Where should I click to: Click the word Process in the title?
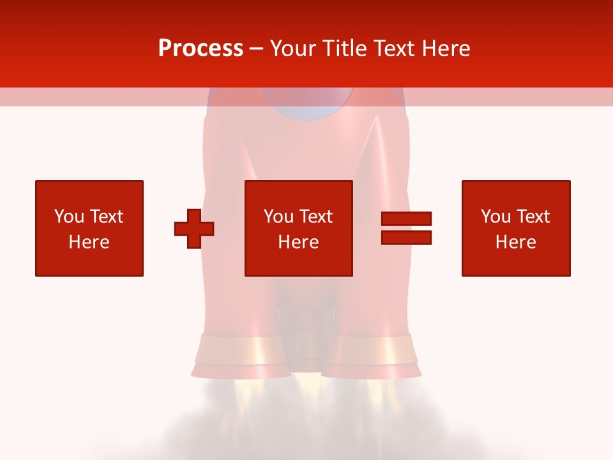pos(201,49)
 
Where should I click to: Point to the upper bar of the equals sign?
pos(406,219)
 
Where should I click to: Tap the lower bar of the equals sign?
pos(406,237)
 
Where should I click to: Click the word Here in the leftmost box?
pos(89,242)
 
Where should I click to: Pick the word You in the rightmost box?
pos(496,217)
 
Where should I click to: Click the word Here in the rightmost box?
pos(516,242)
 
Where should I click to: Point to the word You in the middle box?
pos(278,217)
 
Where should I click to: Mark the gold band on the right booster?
pos(372,349)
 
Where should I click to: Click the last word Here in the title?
pos(447,49)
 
